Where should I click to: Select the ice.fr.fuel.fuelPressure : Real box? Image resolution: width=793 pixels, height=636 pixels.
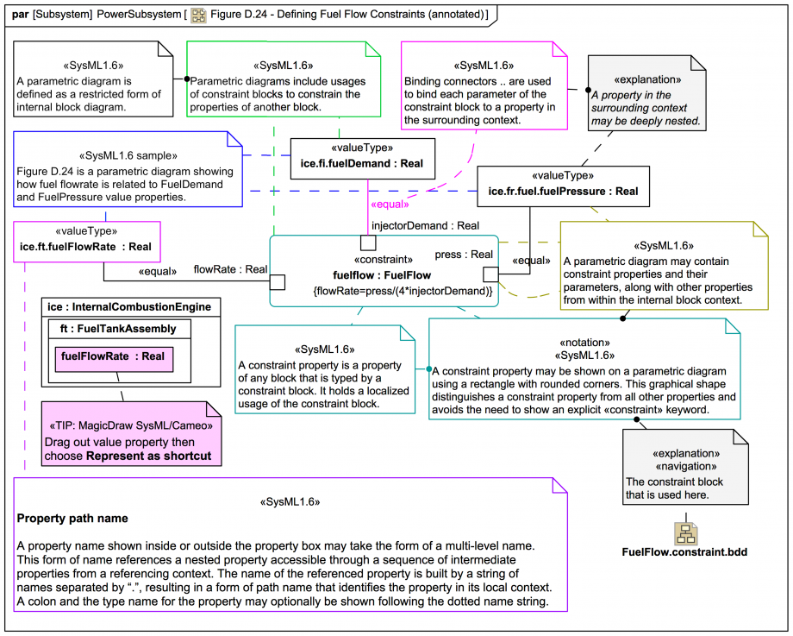pyautogui.click(x=563, y=186)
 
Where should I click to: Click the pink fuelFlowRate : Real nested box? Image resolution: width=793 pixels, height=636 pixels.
pyautogui.click(x=113, y=356)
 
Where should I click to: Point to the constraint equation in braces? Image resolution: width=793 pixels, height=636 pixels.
pyautogui.click(x=403, y=292)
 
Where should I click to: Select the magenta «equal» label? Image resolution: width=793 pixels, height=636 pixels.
pyautogui.click(x=389, y=205)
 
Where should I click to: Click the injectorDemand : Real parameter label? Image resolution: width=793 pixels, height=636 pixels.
pyautogui.click(x=425, y=225)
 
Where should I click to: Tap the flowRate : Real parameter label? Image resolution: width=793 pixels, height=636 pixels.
pyautogui.click(x=230, y=269)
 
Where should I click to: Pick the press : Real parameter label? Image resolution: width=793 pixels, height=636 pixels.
pyautogui.click(x=464, y=255)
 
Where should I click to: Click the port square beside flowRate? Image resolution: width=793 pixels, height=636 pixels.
pyautogui.click(x=278, y=282)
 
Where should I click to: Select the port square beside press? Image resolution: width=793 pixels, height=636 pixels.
pyautogui.click(x=490, y=274)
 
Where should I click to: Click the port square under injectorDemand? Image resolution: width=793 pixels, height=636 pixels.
pyautogui.click(x=367, y=242)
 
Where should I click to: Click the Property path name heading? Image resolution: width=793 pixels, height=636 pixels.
pyautogui.click(x=72, y=519)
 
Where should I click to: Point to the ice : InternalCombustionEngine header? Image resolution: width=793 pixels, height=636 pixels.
pyautogui.click(x=130, y=307)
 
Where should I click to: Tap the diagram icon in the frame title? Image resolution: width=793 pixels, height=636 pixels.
pyautogui.click(x=199, y=15)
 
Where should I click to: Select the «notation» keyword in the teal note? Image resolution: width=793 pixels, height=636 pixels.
pyautogui.click(x=585, y=342)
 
